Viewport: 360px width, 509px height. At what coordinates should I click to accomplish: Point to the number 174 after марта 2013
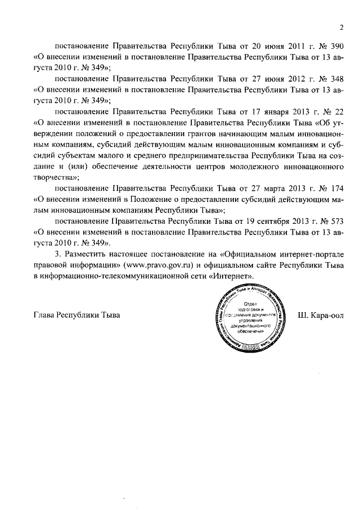(334, 186)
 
